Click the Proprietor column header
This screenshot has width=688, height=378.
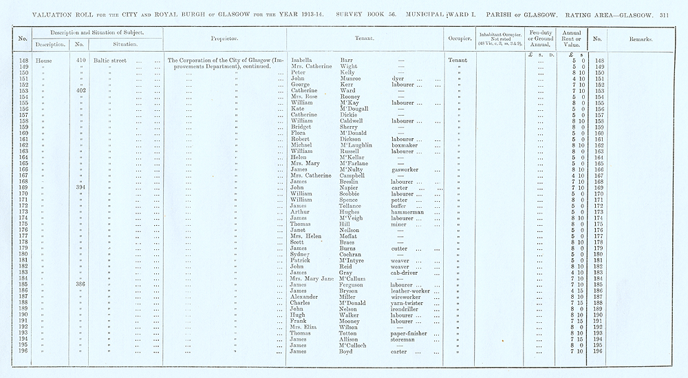click(226, 39)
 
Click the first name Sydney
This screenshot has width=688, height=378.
click(303, 254)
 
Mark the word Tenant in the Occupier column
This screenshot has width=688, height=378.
click(458, 61)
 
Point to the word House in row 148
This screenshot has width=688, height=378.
click(44, 61)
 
